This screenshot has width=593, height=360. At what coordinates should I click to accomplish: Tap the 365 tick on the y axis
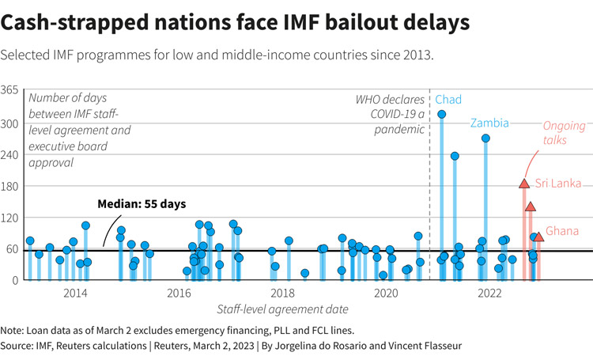point(10,91)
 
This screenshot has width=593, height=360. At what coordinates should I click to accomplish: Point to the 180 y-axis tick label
point(10,186)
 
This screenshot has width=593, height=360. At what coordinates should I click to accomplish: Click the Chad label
point(448,100)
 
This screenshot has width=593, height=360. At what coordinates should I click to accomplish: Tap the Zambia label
point(489,123)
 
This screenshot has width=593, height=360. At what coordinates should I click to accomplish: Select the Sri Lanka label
point(558,184)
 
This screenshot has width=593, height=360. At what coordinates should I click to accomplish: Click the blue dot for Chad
point(441,115)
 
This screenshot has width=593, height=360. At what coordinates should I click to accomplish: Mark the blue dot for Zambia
point(485,138)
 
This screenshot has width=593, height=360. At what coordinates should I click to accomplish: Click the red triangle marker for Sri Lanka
point(523,184)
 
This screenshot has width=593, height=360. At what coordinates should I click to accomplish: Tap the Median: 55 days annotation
point(142,204)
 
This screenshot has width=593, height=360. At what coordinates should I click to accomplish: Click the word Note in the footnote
point(13,330)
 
